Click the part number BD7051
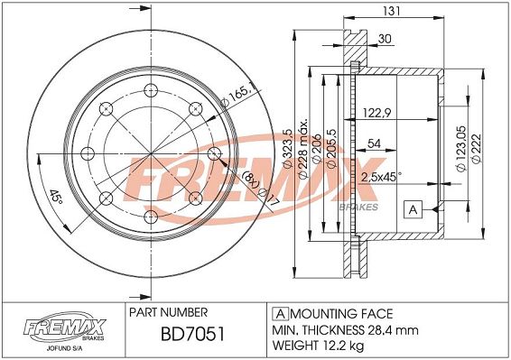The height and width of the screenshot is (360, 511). [x=192, y=335]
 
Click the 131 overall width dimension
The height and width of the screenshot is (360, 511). [x=392, y=11]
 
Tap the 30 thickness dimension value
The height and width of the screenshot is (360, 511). [x=385, y=39]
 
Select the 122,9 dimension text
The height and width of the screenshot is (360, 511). [x=376, y=113]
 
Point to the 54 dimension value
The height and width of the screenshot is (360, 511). [x=374, y=143]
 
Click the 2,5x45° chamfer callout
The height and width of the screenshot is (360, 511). [x=381, y=177]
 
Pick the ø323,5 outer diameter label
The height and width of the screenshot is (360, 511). [x=287, y=148]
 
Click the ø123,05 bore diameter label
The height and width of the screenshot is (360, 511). [x=461, y=148]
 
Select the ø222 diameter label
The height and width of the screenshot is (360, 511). [x=476, y=148]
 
